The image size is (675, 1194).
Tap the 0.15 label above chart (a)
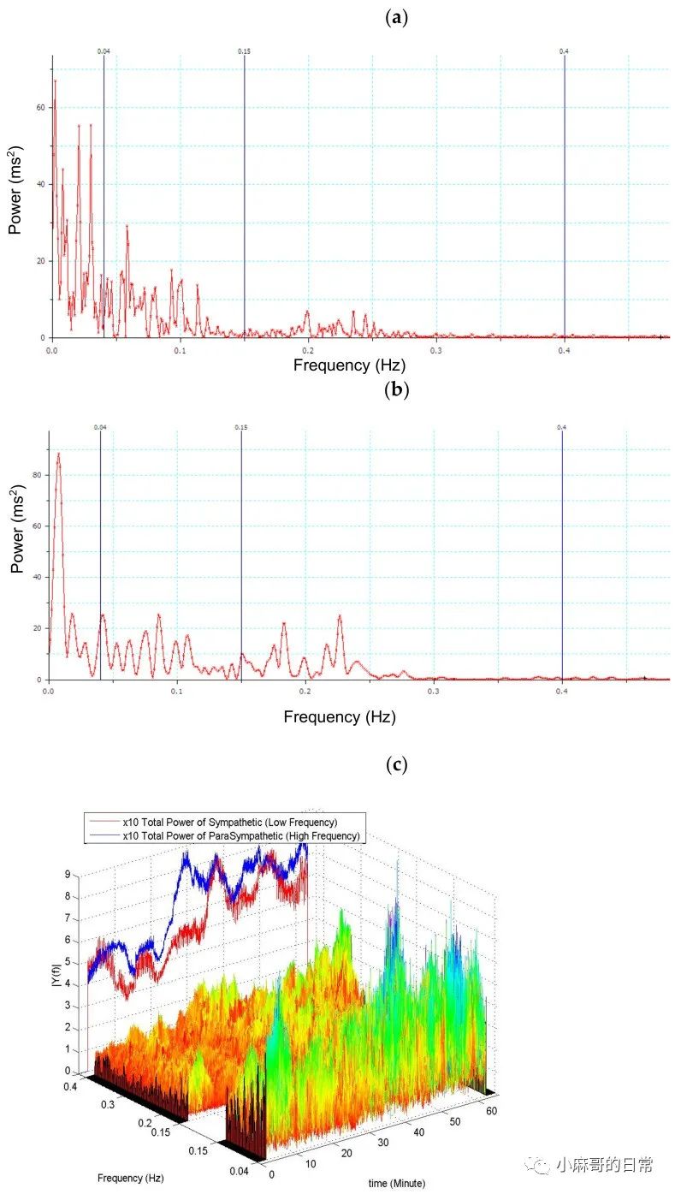click(244, 52)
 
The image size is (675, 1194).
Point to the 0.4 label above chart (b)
click(562, 427)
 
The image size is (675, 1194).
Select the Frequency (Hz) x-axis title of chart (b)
click(340, 716)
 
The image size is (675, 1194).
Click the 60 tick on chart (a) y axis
click(39, 108)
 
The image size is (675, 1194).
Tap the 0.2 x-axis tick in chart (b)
click(305, 691)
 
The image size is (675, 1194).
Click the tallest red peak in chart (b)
click(58, 454)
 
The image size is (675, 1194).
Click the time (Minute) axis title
click(396, 1183)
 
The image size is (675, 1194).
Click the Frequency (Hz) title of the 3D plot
click(129, 1176)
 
